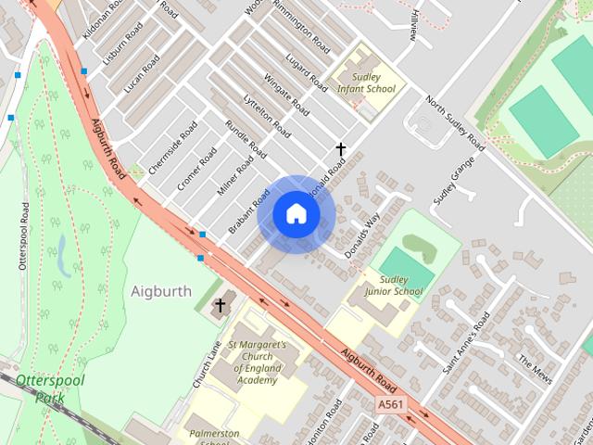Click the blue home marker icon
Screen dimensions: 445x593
click(x=296, y=214)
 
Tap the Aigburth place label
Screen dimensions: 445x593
click(x=161, y=291)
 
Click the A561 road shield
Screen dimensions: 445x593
click(x=391, y=404)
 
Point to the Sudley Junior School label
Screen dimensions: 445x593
click(x=393, y=286)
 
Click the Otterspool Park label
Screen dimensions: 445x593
click(x=48, y=388)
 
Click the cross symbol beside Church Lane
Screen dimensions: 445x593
click(x=221, y=305)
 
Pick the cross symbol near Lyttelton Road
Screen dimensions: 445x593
click(x=341, y=148)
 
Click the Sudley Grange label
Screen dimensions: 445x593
click(x=454, y=181)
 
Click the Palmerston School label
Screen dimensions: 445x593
click(x=214, y=437)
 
